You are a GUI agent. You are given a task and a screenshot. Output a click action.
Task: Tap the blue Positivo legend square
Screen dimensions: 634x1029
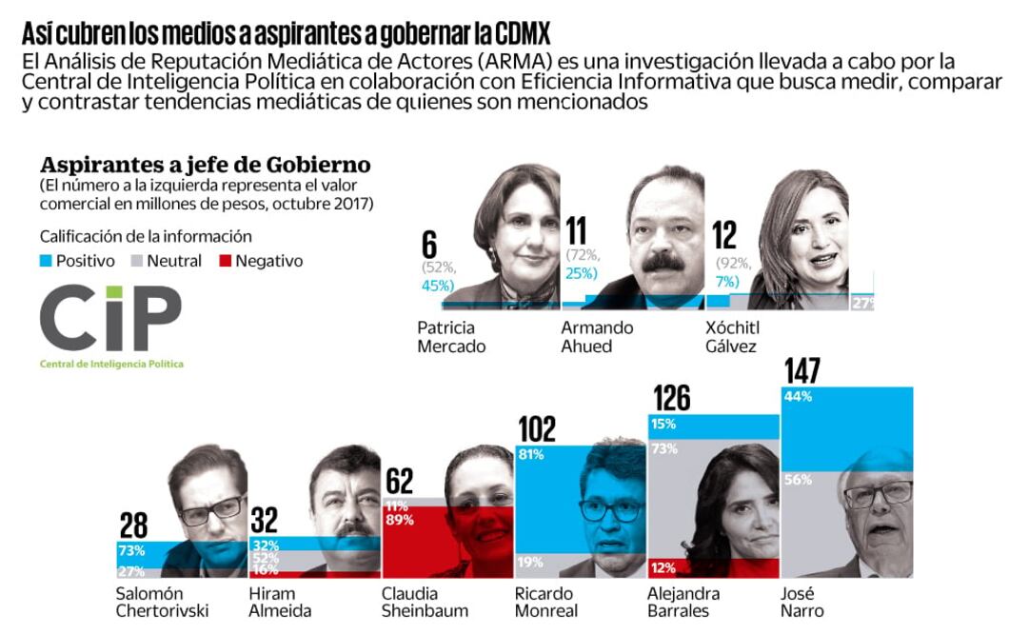pos(47,261)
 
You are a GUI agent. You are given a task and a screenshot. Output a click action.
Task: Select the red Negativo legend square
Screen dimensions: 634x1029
pos(226,261)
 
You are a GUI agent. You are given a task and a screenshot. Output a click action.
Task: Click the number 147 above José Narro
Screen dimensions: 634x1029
pos(801,372)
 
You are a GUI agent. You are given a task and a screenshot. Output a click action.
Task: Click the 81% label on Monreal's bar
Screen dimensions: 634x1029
pos(530,455)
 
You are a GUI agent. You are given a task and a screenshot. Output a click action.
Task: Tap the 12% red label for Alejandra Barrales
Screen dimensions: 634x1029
pos(663,568)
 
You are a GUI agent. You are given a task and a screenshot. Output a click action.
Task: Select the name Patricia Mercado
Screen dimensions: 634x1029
pos(451,337)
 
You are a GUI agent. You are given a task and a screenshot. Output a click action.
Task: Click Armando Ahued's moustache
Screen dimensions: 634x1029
pos(663,261)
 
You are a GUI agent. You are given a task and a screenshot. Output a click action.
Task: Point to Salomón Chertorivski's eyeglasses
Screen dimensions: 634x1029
pos(211,511)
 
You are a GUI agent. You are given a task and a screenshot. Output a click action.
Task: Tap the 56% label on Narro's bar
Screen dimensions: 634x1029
pos(797,481)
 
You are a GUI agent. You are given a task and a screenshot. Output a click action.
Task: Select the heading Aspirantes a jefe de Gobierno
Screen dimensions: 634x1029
pos(205,165)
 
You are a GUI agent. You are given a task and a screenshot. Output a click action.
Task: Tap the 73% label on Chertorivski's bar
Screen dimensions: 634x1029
pos(131,551)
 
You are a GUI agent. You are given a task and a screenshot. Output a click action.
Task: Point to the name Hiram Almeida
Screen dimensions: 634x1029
pos(280,603)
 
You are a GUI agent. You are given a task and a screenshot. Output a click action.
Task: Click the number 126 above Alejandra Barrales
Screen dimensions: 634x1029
pos(672,399)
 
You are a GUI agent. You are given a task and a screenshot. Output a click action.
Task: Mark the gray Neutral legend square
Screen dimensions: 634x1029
pos(137,261)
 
